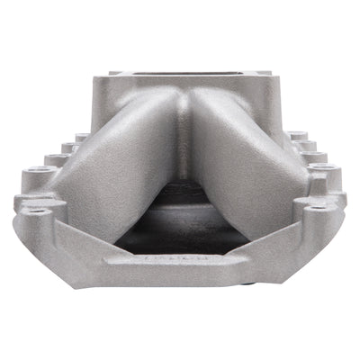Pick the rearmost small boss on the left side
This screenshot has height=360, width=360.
[82, 137]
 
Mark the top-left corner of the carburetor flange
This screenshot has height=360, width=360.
[112, 73]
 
